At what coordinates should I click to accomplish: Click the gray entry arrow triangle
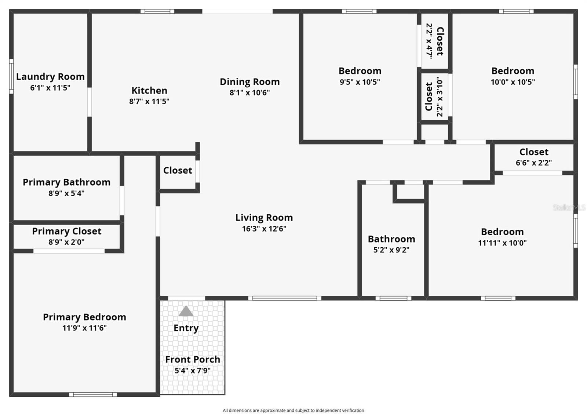[186, 311]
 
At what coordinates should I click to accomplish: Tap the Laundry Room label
[50, 77]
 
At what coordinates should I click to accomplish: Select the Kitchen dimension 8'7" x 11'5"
[149, 102]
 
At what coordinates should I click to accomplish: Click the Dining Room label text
[249, 82]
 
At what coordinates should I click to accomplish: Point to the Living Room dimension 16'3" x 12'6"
[264, 229]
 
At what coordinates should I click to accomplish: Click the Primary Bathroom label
[66, 182]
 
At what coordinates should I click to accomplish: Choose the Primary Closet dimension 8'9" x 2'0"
[66, 242]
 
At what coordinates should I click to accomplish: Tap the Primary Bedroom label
[84, 317]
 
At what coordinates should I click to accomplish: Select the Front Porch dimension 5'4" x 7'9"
[192, 371]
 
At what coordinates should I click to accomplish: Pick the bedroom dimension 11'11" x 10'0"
[502, 243]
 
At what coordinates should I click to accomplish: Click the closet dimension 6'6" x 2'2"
[533, 163]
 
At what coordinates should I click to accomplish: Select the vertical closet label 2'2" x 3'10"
[440, 97]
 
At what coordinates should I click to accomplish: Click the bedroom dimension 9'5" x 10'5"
[360, 82]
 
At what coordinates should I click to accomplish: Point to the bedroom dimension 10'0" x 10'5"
[513, 82]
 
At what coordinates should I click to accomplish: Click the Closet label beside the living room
[178, 171]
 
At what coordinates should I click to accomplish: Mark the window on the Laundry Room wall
[11, 76]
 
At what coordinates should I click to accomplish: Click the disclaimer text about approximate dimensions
[293, 411]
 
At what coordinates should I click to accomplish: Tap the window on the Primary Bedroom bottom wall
[93, 394]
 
